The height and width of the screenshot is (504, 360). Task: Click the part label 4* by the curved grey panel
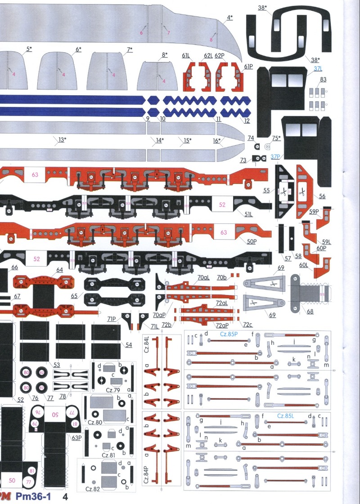point(229,18)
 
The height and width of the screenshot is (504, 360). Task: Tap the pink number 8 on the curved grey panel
point(211,40)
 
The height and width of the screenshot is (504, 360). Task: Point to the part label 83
point(323,80)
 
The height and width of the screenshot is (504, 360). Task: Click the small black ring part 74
point(257,147)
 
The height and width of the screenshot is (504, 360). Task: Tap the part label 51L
point(248,214)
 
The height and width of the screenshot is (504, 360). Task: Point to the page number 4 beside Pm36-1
point(65,497)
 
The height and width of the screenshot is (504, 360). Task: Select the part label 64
point(59,270)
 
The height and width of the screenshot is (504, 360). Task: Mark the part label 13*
point(62,140)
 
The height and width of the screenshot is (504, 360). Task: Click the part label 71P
point(112,319)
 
